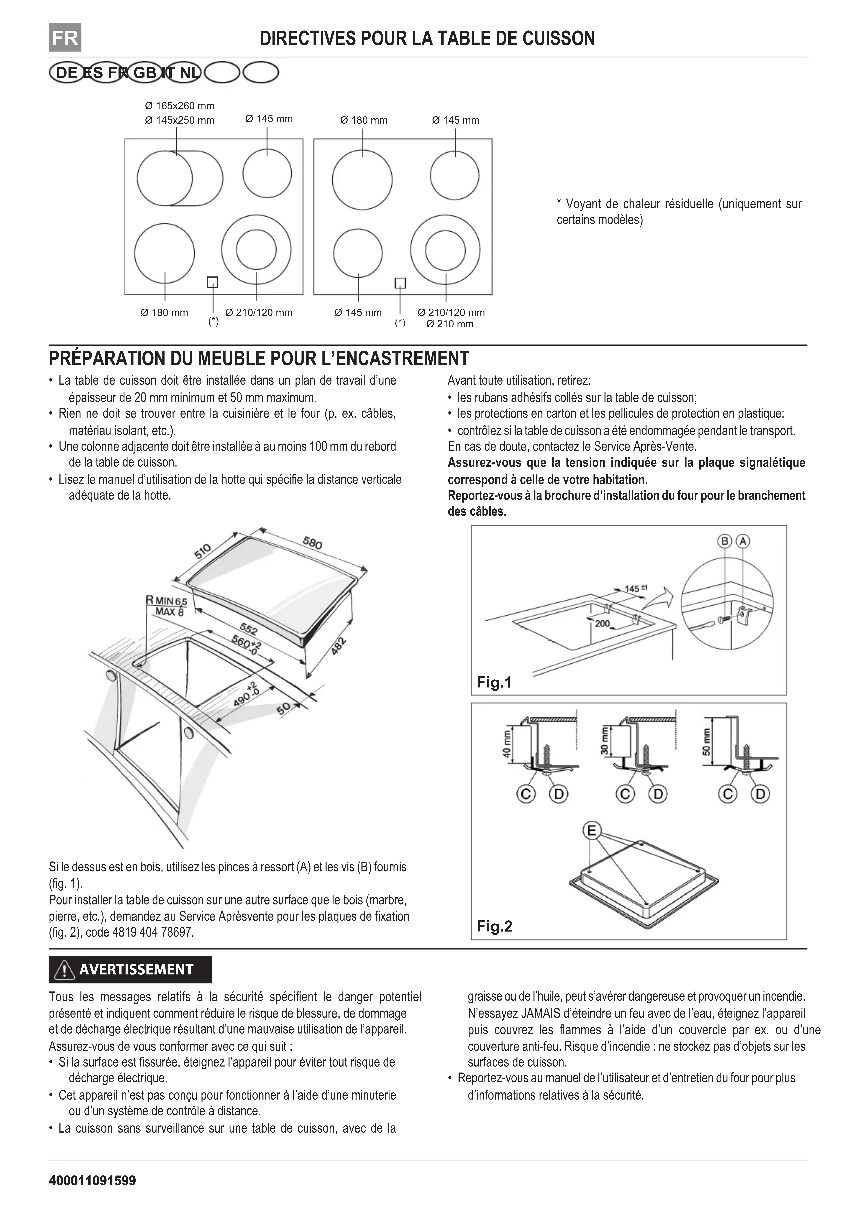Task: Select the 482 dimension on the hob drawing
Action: (340, 646)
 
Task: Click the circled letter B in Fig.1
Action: (725, 541)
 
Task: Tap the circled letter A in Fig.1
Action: (742, 541)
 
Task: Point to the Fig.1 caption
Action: (494, 682)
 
